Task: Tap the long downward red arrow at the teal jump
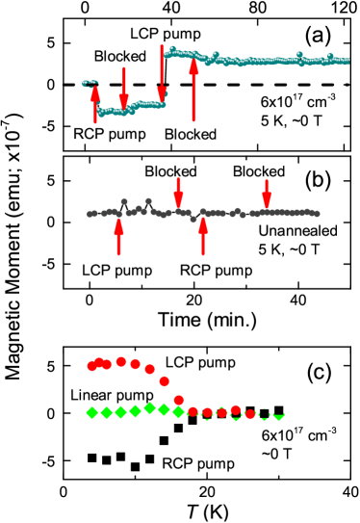(162, 73)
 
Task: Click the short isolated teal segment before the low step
(90, 84)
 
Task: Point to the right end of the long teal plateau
(347, 61)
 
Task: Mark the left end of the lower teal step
(100, 114)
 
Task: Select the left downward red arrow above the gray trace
(178, 191)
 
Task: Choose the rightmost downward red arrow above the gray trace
(267, 193)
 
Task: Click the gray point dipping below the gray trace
(193, 220)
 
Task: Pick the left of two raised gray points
(124, 201)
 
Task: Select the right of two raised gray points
(148, 200)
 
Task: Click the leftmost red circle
(92, 366)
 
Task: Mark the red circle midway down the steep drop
(164, 381)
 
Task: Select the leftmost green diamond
(92, 412)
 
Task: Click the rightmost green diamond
(278, 414)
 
